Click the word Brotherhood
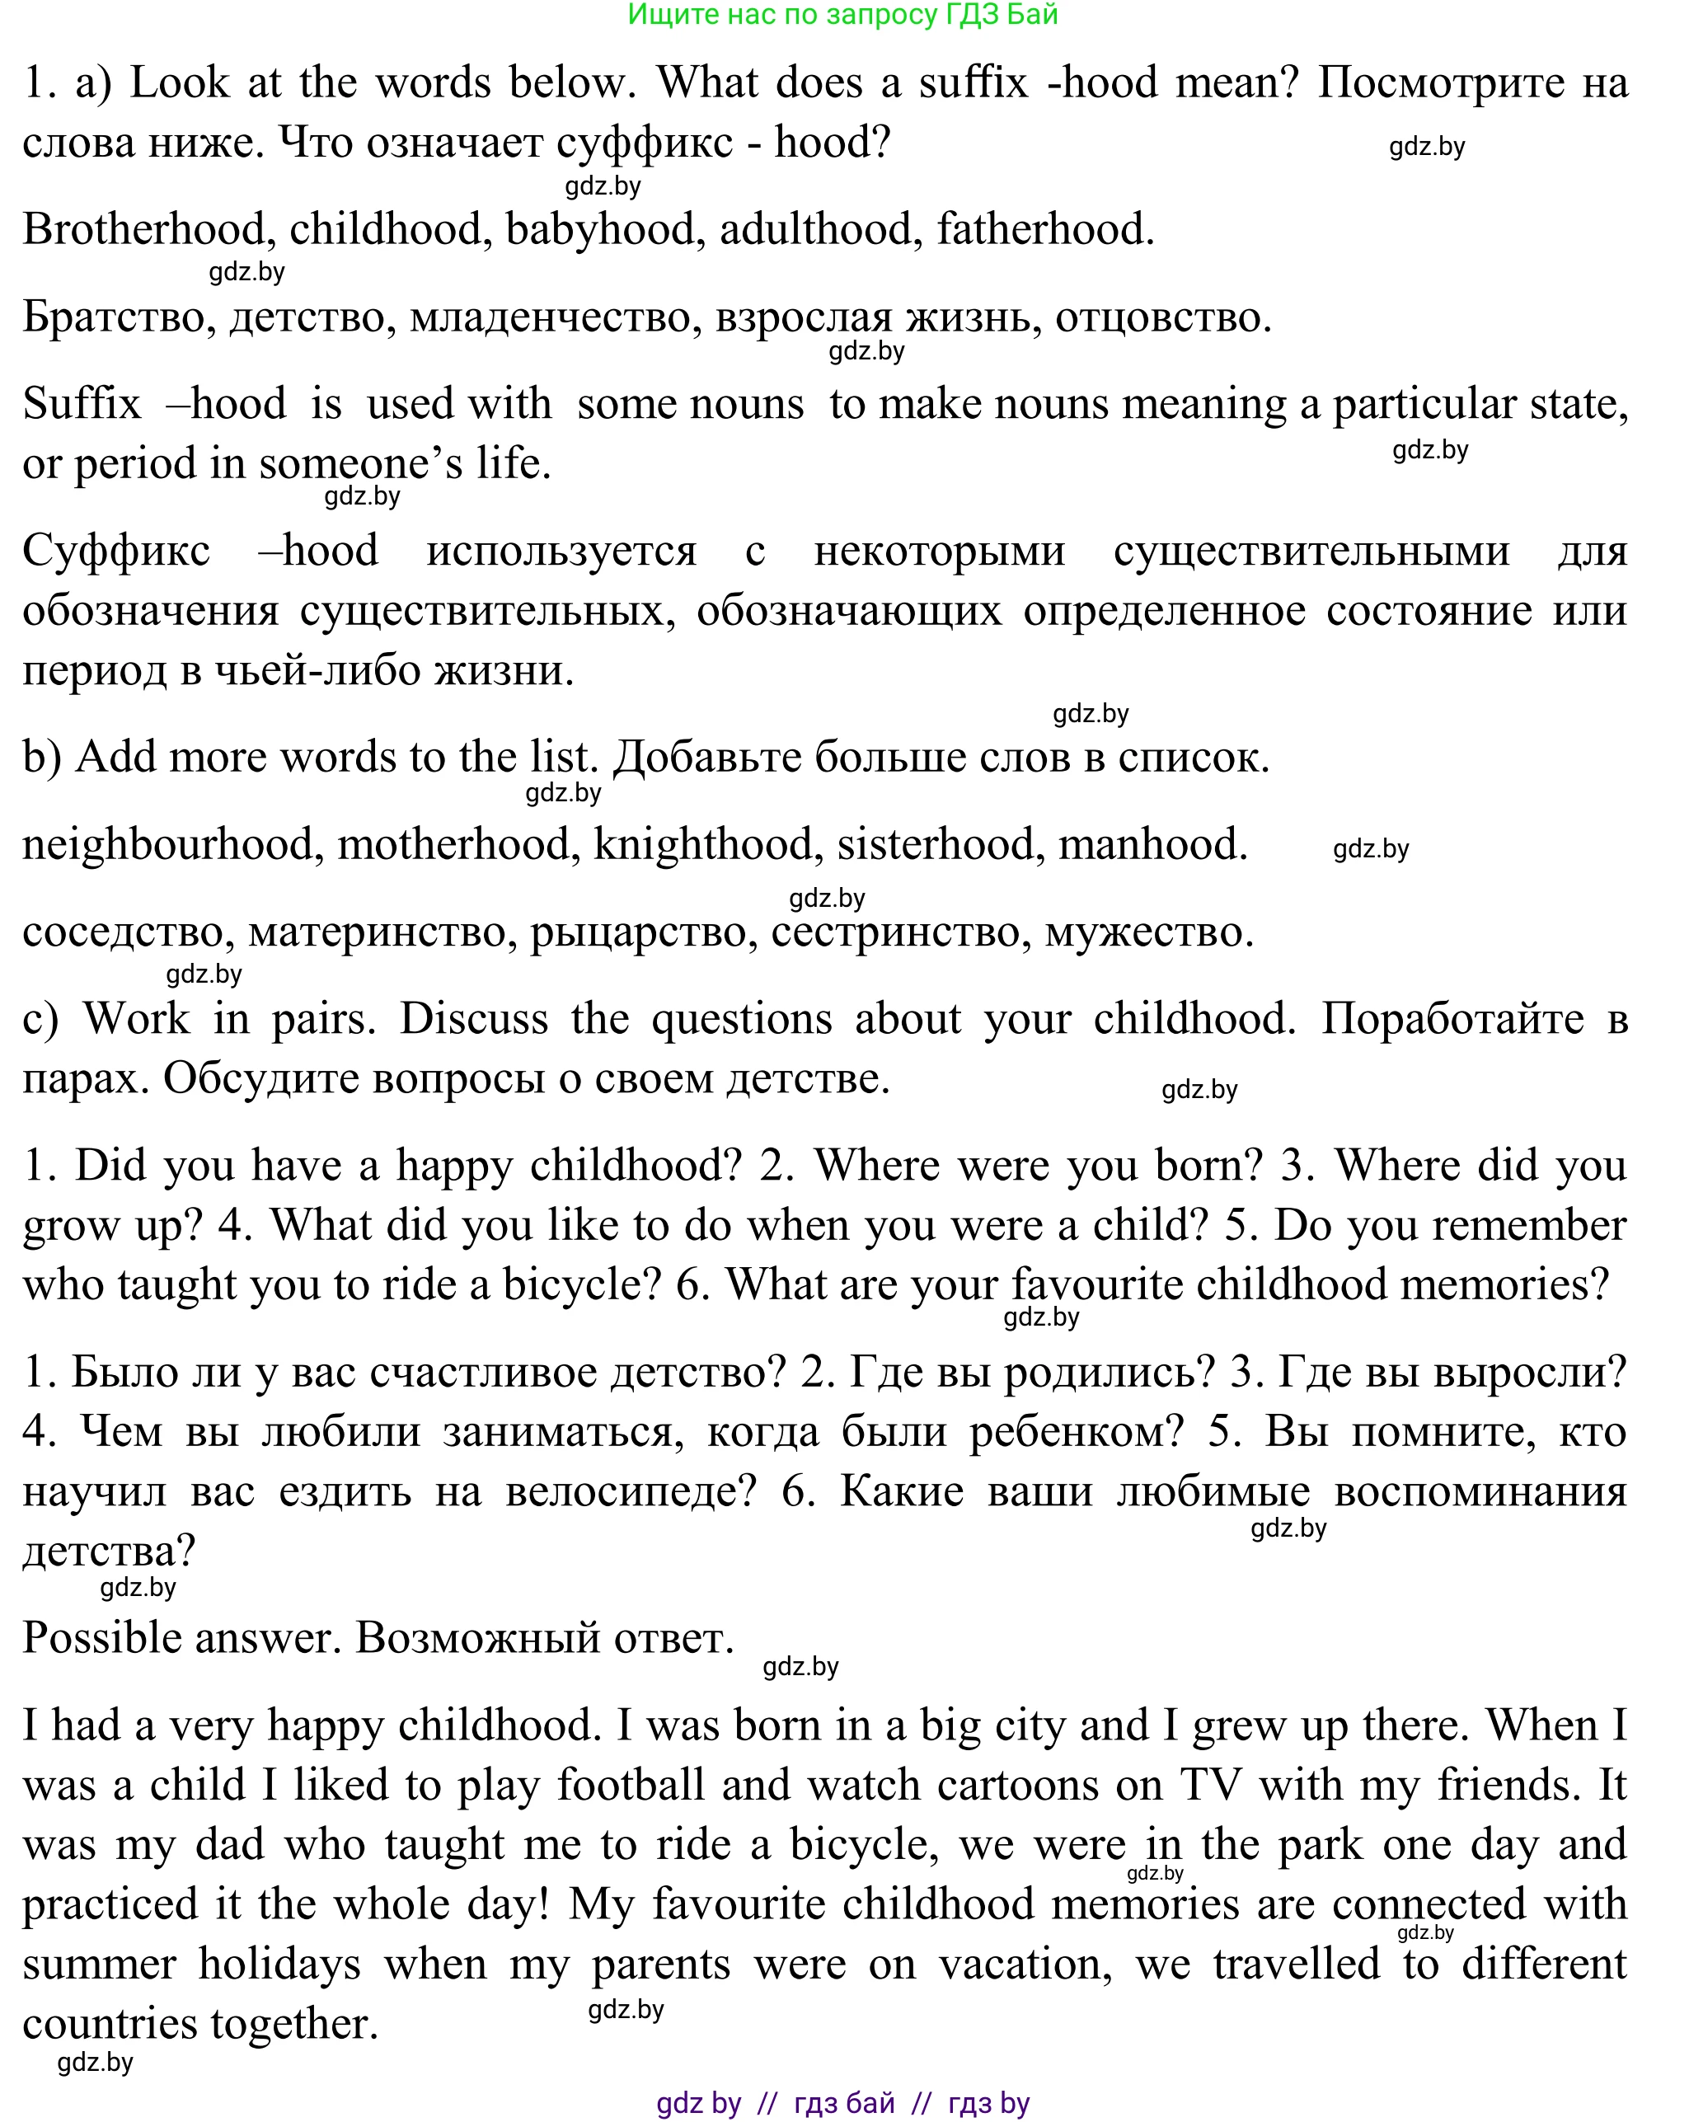coord(143,229)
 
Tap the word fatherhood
coord(1044,229)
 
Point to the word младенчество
coord(555,317)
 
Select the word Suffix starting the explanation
coord(82,403)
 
